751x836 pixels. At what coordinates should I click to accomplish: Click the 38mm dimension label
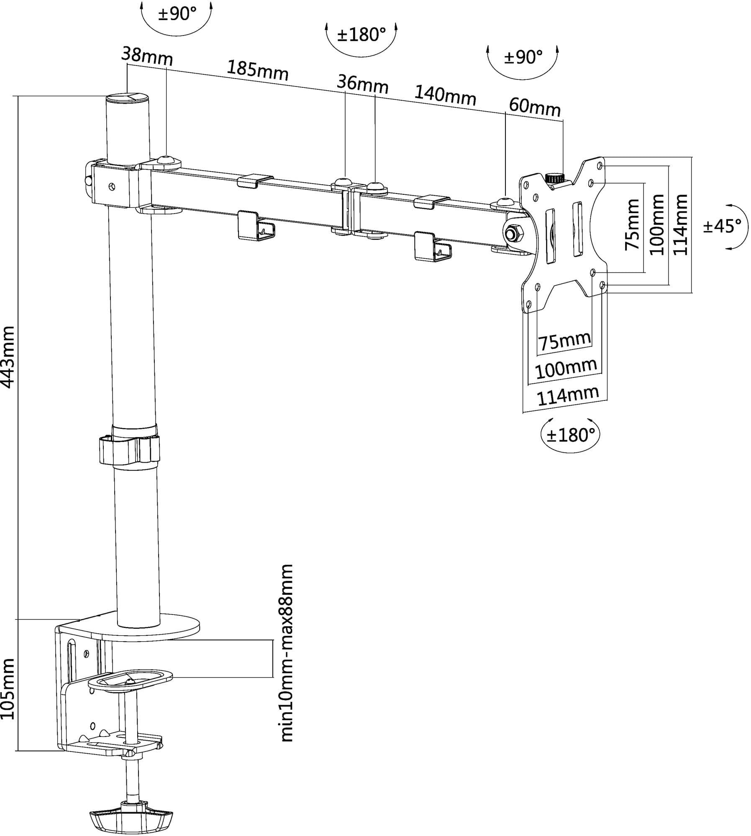coord(147,55)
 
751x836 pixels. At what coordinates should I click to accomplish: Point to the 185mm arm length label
coord(258,71)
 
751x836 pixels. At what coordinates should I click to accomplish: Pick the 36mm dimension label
coord(363,84)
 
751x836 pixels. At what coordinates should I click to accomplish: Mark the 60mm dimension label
coord(535,107)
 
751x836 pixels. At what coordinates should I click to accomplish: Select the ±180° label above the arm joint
coord(361,35)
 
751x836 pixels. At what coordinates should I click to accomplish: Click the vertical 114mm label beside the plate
coord(680,224)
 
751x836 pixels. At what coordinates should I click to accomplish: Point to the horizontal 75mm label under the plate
coord(565,341)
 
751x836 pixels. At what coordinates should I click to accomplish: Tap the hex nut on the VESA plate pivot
coord(513,233)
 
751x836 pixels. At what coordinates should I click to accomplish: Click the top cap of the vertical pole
coord(128,99)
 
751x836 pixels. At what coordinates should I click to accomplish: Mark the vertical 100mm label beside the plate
coord(657,224)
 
